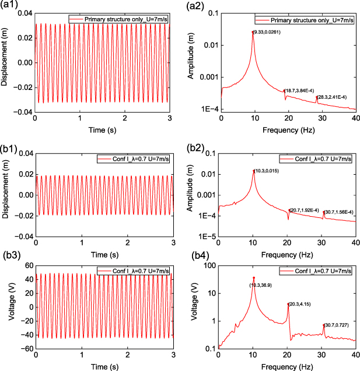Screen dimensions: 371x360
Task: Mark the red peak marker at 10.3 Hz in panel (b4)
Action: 253,278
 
